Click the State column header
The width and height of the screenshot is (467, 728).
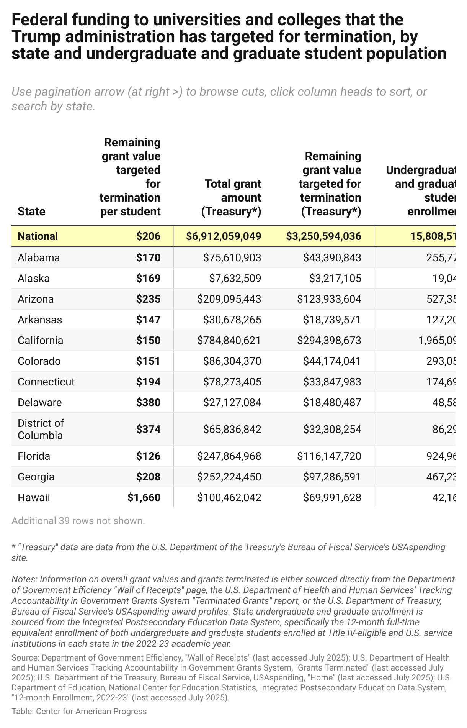31,211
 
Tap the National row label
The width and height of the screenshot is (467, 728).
38,236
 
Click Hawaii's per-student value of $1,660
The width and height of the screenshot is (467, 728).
144,497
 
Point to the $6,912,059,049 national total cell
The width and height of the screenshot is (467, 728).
224,236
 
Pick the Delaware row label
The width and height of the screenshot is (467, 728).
39,402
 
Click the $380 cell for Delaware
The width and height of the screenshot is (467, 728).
148,402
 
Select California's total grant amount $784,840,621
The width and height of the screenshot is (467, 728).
229,340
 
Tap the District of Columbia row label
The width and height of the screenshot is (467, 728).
41,429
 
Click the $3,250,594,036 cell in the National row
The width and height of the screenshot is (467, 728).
323,236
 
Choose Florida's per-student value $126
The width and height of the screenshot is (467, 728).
148,456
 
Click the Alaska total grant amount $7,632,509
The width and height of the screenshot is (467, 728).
235,278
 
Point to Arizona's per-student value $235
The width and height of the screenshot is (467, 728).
148,299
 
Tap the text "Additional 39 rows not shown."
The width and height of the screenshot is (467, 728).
78,521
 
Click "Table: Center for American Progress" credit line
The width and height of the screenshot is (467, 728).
79,712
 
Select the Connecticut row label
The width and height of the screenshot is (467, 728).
46,382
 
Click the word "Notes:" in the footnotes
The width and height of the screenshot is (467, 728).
24,579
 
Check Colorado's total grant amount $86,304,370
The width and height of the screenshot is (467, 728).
232,361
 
